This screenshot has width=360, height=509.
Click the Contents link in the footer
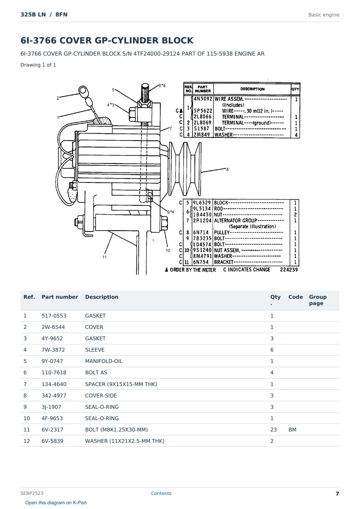click(x=161, y=493)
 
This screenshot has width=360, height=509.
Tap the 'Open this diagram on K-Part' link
click(x=56, y=503)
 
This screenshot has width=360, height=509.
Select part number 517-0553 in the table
click(x=54, y=316)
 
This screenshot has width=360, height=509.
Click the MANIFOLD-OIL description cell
click(x=104, y=361)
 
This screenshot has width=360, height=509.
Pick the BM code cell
click(x=292, y=430)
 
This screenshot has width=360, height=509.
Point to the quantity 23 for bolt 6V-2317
click(x=274, y=430)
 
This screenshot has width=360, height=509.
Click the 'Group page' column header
click(x=318, y=300)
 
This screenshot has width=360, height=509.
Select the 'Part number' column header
click(x=60, y=297)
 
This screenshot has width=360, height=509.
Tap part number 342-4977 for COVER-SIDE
click(x=54, y=395)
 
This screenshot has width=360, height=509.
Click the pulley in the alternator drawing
click(x=185, y=169)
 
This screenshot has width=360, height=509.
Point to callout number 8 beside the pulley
click(x=227, y=170)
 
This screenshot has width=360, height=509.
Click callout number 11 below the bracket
click(x=104, y=257)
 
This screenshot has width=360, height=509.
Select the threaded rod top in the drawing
click(x=145, y=93)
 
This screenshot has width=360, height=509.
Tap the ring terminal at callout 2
click(x=83, y=91)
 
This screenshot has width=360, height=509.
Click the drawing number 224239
click(x=289, y=270)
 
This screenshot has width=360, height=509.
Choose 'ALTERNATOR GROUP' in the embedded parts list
click(x=235, y=220)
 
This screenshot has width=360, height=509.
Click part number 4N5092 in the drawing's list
click(x=203, y=99)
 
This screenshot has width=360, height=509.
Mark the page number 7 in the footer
click(x=337, y=494)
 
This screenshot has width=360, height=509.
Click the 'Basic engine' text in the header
click(x=324, y=15)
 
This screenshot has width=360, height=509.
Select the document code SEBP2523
click(x=32, y=493)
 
